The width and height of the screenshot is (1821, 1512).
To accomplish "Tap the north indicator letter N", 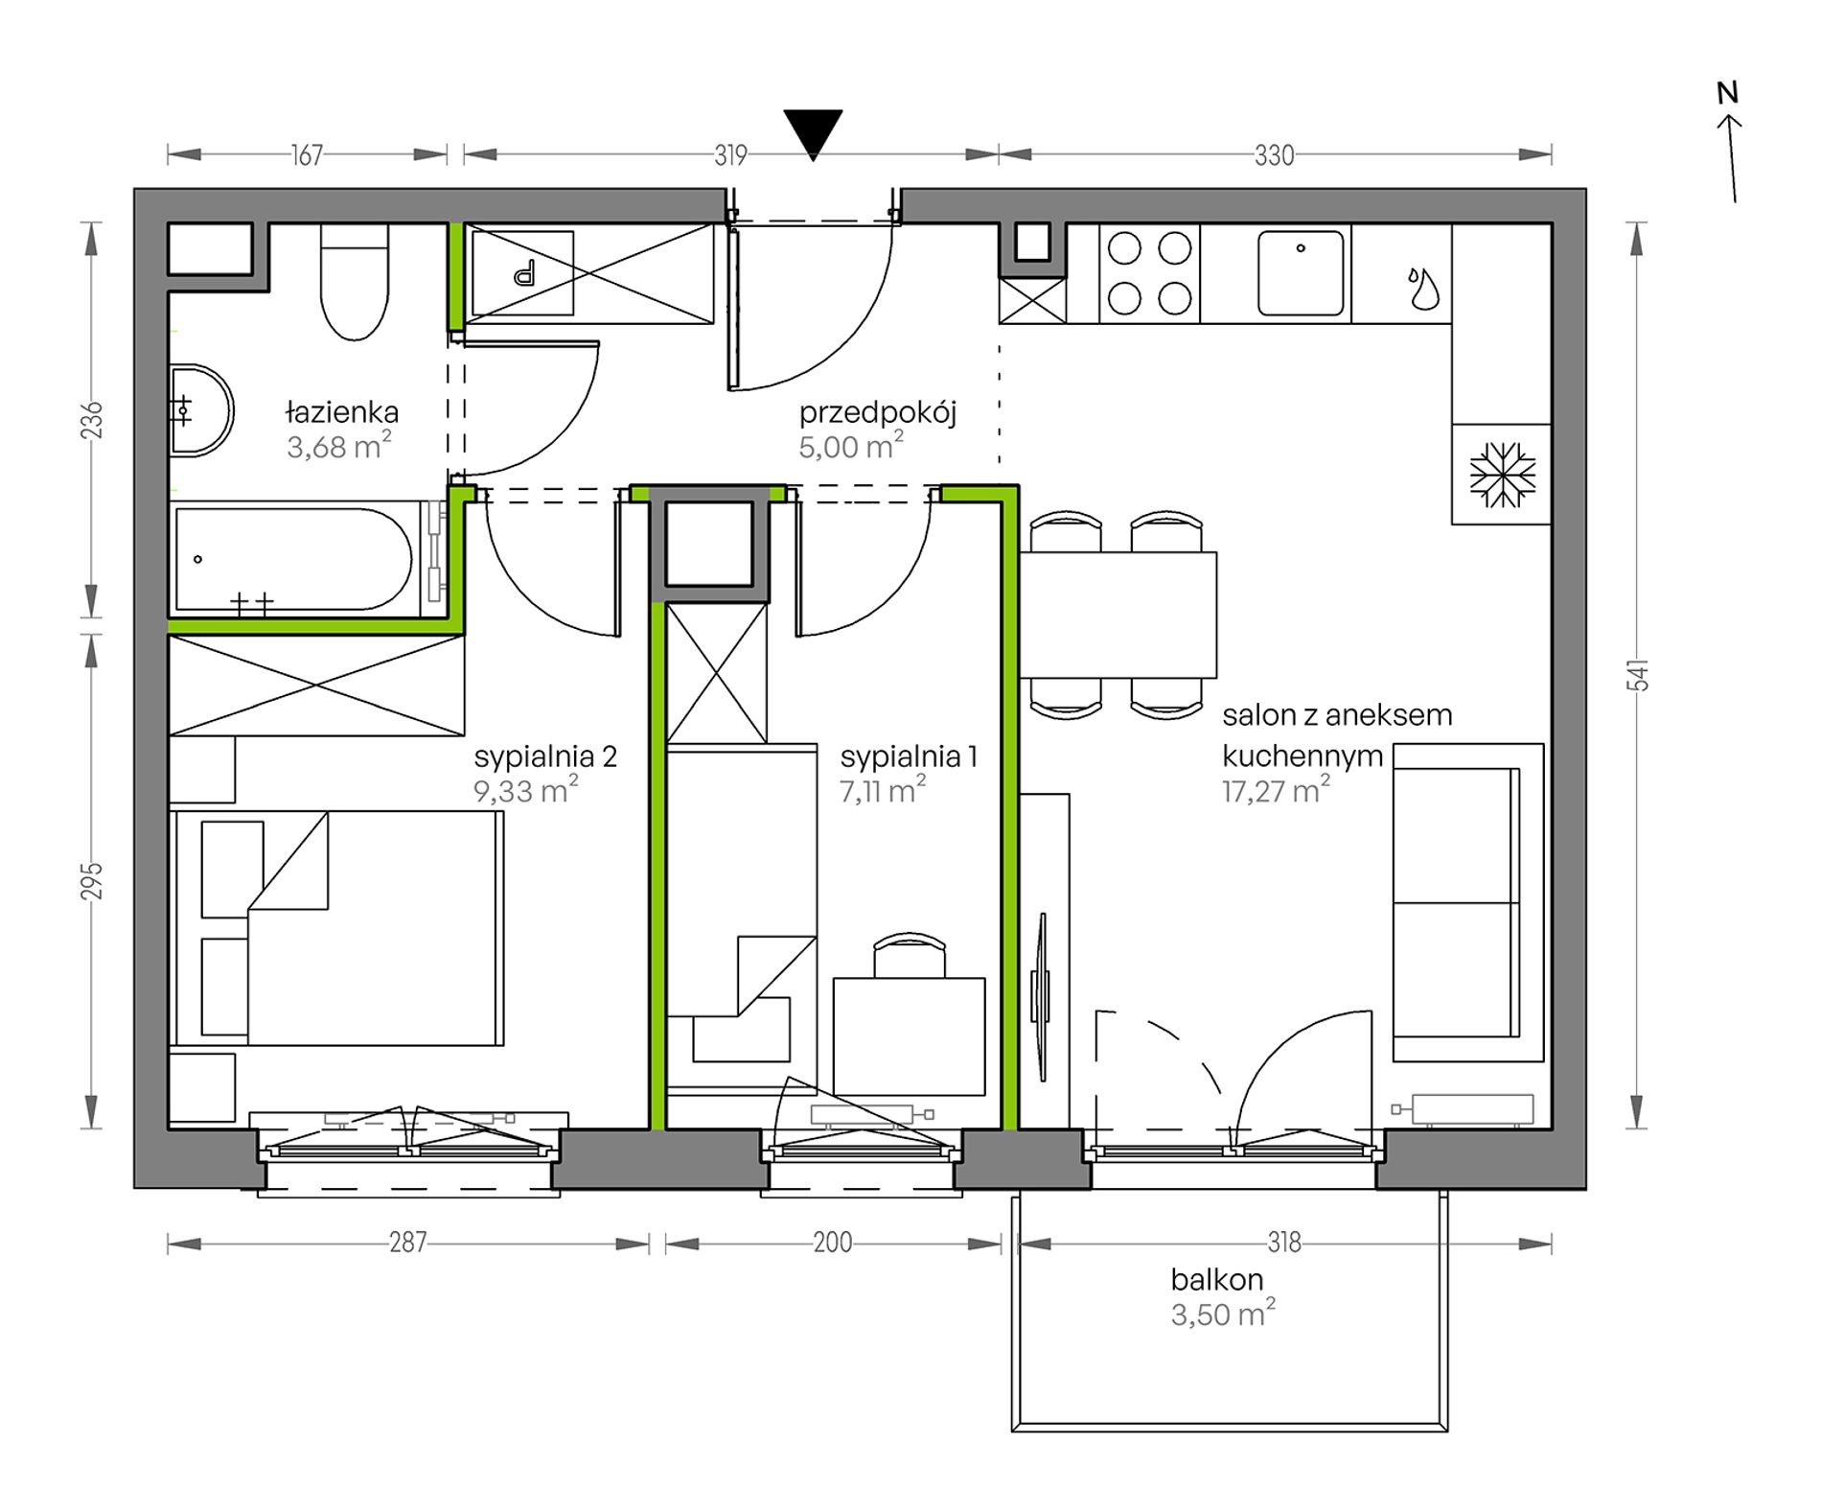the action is click(1727, 93).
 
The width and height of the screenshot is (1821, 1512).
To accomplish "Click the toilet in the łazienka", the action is click(355, 282).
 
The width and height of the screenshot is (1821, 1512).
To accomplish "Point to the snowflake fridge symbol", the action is click(1502, 475).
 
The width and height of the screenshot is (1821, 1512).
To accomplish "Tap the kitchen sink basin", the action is click(1301, 273).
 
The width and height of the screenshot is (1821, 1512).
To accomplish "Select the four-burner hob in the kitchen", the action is click(1149, 274).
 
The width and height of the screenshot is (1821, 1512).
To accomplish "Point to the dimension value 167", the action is click(307, 155).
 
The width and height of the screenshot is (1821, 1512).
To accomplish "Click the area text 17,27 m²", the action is click(1276, 790).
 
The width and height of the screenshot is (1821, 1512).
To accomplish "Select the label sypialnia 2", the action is click(545, 757).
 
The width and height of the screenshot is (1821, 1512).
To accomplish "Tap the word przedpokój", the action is click(878, 414).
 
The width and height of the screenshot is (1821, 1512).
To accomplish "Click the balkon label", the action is click(1217, 1279).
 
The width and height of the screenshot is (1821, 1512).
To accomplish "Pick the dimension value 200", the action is click(832, 1244).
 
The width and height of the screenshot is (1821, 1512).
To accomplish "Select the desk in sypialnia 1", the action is click(910, 1036).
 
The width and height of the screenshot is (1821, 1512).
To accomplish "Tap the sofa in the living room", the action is click(1467, 902).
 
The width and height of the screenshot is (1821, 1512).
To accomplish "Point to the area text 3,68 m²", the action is click(339, 446).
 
